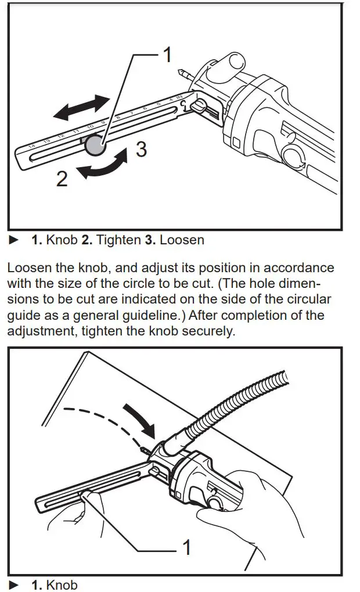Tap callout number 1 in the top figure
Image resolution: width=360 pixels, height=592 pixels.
(167, 55)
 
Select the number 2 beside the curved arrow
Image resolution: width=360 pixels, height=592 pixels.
(62, 178)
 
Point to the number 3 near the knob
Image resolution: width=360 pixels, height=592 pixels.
(141, 150)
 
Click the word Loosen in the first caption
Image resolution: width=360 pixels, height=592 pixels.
(182, 240)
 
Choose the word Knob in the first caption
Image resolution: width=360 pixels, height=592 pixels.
(62, 240)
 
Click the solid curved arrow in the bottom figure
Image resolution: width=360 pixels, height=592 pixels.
(142, 419)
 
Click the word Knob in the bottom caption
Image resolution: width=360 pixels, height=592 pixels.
(62, 584)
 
